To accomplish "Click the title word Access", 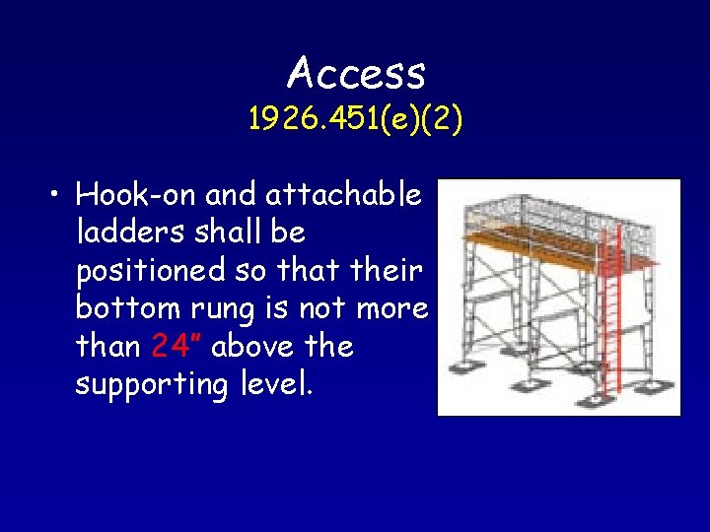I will [356, 72].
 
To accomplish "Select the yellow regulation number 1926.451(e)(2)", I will [355, 120].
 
